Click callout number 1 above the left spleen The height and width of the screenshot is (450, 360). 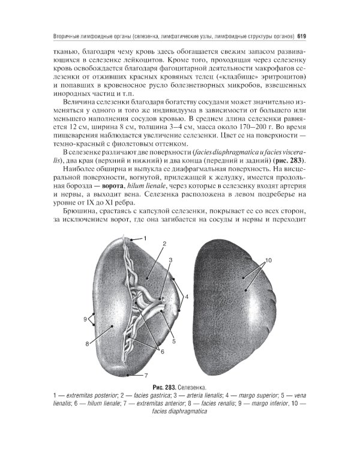[145, 239]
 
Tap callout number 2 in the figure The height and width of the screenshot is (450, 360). [163, 244]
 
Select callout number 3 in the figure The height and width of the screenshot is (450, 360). [170, 260]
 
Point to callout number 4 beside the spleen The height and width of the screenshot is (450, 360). [187, 296]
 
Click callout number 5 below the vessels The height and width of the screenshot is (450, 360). [173, 341]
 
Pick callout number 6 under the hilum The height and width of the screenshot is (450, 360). [161, 351]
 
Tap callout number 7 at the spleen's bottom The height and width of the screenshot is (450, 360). [146, 376]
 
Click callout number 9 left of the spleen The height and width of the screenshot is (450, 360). [85, 319]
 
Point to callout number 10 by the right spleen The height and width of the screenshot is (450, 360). [268, 260]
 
